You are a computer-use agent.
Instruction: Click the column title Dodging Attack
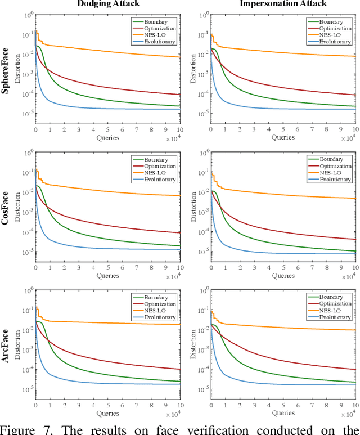pos(107,4)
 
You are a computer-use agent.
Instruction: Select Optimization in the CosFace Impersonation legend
pos(335,167)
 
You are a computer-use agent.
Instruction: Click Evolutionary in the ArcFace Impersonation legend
pos(335,317)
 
